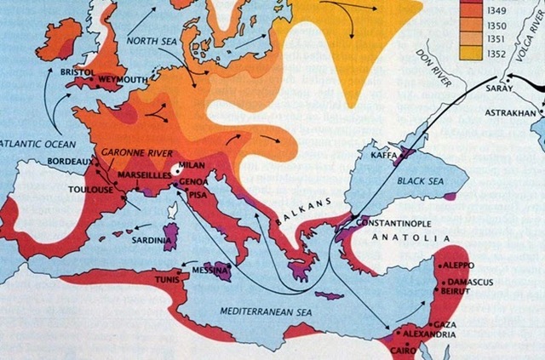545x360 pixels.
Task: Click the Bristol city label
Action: point(78,73)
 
